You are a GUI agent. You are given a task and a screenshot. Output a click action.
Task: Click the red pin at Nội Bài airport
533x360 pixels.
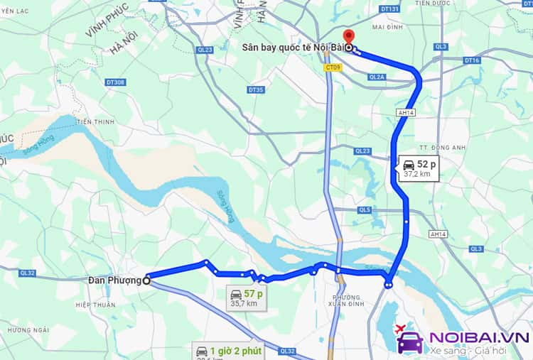point(348,37)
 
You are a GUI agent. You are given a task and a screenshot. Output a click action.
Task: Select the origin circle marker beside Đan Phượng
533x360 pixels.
point(146,280)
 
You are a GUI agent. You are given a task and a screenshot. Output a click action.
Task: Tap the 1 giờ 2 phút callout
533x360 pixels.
point(229,351)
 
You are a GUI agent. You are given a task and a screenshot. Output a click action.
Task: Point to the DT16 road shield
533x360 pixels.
point(473,61)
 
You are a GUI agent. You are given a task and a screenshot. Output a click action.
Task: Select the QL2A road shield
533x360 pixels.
point(377,77)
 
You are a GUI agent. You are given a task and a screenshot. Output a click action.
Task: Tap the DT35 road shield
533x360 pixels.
point(256,89)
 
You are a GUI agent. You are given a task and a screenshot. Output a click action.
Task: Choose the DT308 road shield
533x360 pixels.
point(115,82)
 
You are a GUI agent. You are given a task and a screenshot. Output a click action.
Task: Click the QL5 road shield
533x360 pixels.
point(365,209)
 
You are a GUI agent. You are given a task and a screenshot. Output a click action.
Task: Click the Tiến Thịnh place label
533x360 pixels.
point(95,121)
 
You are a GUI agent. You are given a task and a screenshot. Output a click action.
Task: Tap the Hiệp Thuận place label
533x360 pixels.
point(95,305)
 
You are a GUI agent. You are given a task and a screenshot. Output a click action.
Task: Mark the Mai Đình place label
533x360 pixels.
point(387,28)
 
